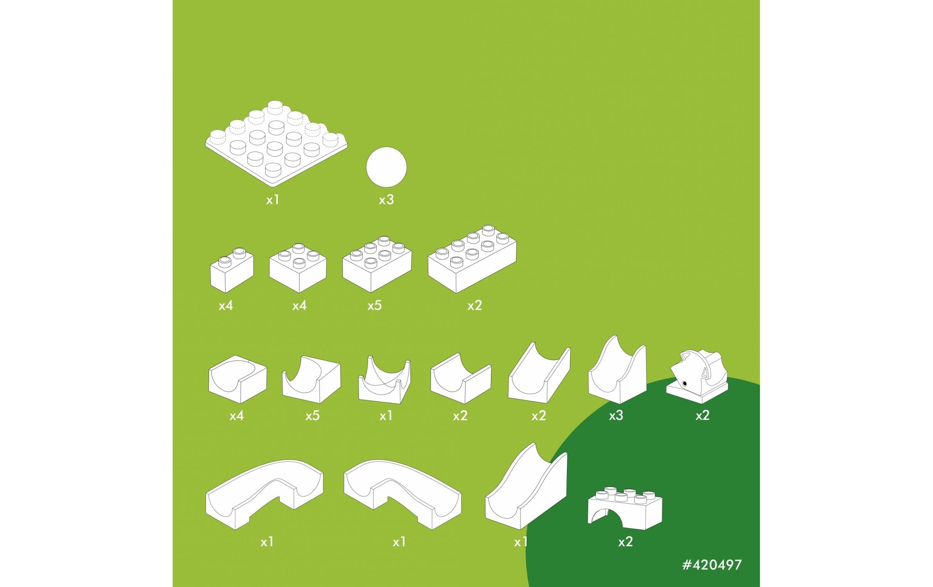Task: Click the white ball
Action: [x=386, y=167]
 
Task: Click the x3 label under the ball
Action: [x=386, y=200]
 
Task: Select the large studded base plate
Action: [x=276, y=143]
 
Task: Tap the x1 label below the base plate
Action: [x=273, y=200]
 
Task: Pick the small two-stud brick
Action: [x=232, y=270]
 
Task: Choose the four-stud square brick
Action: [x=298, y=268]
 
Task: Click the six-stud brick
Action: [x=377, y=264]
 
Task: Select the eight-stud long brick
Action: [x=472, y=259]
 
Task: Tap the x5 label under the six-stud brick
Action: [x=374, y=306]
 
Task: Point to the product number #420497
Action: [x=711, y=565]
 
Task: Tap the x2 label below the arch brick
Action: [x=625, y=542]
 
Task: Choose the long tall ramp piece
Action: [x=526, y=486]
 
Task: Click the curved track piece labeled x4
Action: [x=238, y=379]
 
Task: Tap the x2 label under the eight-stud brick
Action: [x=475, y=306]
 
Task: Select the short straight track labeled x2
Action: [x=461, y=378]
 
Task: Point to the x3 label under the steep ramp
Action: [x=616, y=416]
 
